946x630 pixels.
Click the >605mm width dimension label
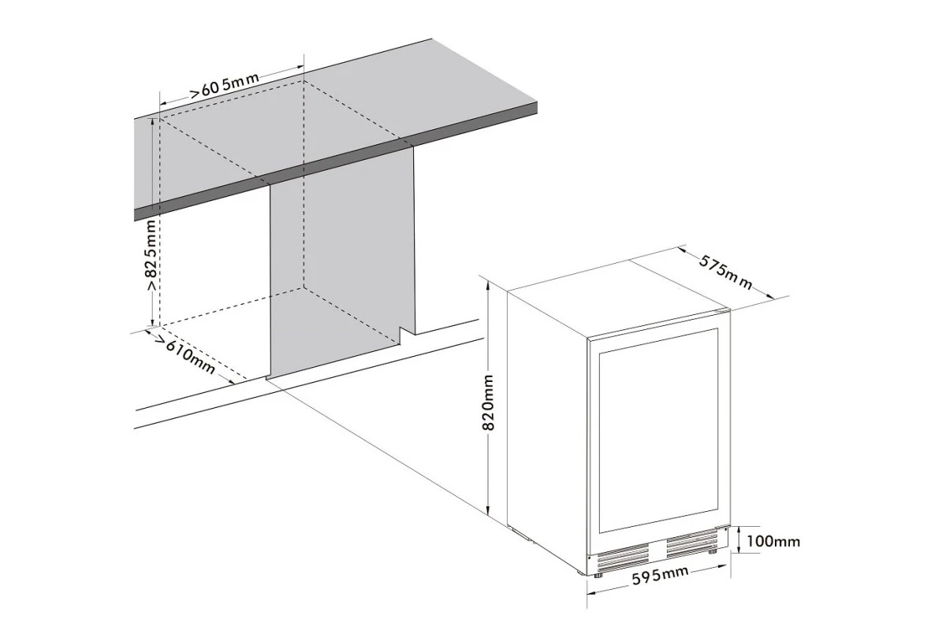click(224, 86)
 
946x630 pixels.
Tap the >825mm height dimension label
click(151, 255)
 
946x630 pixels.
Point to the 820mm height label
click(488, 402)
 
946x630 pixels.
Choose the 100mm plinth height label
click(773, 541)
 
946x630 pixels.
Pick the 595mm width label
click(660, 575)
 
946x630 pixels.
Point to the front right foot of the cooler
click(713, 551)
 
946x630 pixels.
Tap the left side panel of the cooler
click(547, 426)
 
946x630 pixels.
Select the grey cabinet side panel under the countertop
click(342, 261)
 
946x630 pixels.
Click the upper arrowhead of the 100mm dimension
click(739, 529)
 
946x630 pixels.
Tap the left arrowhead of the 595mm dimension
click(592, 593)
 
